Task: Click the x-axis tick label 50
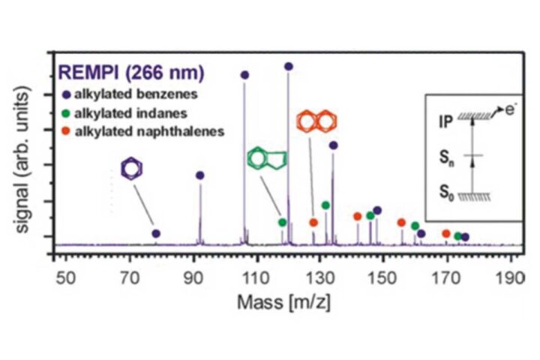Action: pos(66,277)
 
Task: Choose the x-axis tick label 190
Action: pos(510,277)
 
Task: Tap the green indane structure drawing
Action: pos(267,160)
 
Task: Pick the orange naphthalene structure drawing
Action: pos(316,121)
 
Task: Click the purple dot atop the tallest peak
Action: pos(289,67)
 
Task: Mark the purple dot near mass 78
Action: pos(156,234)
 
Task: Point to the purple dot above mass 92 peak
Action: pos(200,175)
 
